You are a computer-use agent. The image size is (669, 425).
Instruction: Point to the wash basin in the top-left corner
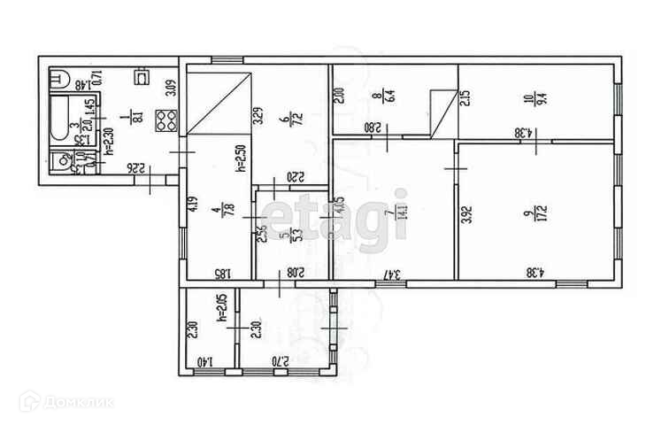click(x=60, y=80)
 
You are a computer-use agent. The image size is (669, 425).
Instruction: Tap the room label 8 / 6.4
click(x=379, y=94)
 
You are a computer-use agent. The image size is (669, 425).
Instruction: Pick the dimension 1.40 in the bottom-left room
click(x=205, y=362)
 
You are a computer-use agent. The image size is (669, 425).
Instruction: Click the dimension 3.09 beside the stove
click(x=173, y=88)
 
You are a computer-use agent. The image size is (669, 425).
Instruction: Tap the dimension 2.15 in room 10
click(x=465, y=97)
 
